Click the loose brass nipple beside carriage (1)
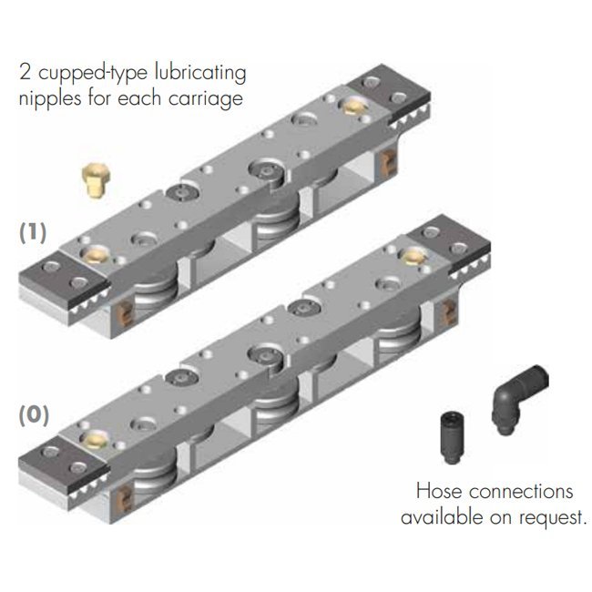[x=95, y=180]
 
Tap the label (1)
[x=33, y=232]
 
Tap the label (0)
[x=34, y=415]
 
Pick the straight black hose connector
[x=453, y=438]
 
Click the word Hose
[x=439, y=491]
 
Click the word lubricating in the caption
[x=200, y=73]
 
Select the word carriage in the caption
[x=206, y=99]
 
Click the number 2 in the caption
[x=25, y=72]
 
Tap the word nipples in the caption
[x=50, y=99]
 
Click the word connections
[x=521, y=492]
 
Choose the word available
[x=443, y=516]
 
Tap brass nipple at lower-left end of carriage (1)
[x=95, y=254]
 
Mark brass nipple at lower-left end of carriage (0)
[x=94, y=440]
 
